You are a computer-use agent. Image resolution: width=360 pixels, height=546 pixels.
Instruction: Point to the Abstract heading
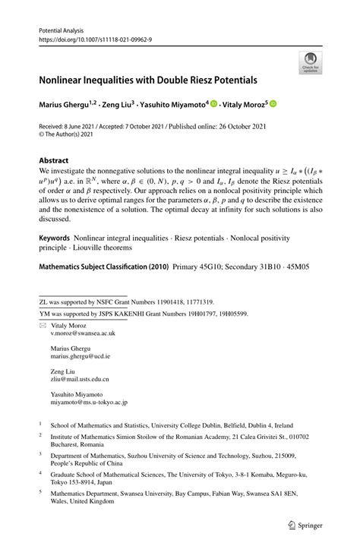(x=53, y=161)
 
